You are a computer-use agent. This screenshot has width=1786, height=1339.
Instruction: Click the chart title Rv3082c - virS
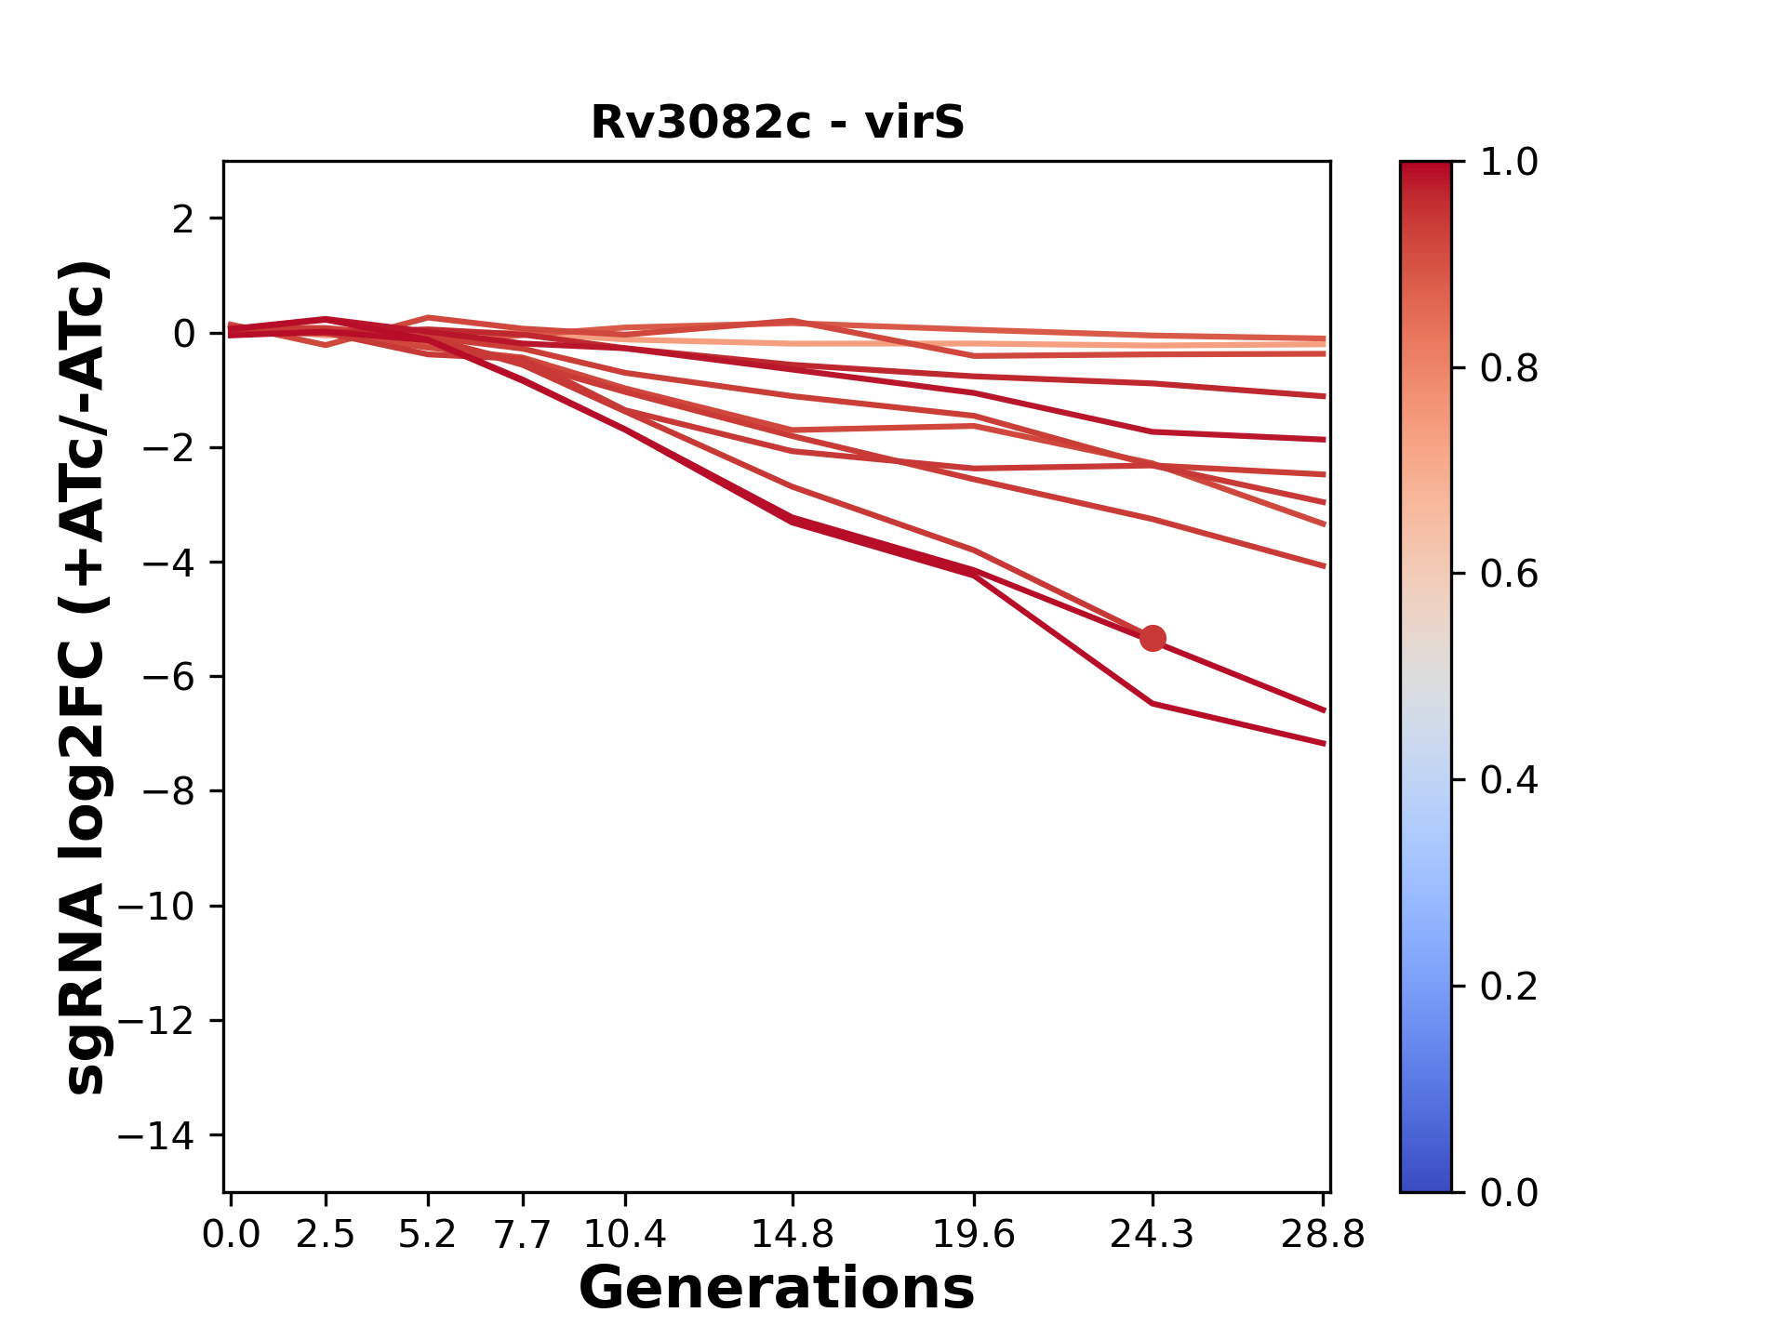click(778, 123)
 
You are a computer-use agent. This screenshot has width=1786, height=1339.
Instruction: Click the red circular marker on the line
click(1153, 638)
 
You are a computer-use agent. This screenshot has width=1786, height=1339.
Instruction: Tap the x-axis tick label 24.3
click(1153, 1235)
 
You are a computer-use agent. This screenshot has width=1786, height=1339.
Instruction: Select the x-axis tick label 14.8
click(792, 1235)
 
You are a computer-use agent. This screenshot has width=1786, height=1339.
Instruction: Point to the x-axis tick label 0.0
click(231, 1235)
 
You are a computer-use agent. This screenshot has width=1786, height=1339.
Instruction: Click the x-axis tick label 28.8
click(1323, 1235)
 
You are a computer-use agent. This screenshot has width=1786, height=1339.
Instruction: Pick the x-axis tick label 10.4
click(625, 1235)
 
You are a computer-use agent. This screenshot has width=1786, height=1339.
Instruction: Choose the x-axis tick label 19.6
click(974, 1235)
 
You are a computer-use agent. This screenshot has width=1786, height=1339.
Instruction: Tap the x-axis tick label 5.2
click(428, 1235)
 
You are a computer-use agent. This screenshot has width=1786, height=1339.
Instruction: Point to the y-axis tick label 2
click(183, 219)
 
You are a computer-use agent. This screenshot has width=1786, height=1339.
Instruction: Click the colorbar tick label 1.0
click(1509, 163)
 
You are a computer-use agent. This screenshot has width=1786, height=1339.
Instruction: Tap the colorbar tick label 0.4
click(1509, 780)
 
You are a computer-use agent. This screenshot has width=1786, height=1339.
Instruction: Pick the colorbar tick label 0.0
click(1509, 1192)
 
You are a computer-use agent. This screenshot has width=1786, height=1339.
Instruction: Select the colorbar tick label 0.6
click(1509, 575)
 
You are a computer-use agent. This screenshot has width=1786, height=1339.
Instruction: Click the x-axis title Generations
click(777, 1289)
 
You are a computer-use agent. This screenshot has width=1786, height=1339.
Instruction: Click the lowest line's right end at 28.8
click(1324, 743)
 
